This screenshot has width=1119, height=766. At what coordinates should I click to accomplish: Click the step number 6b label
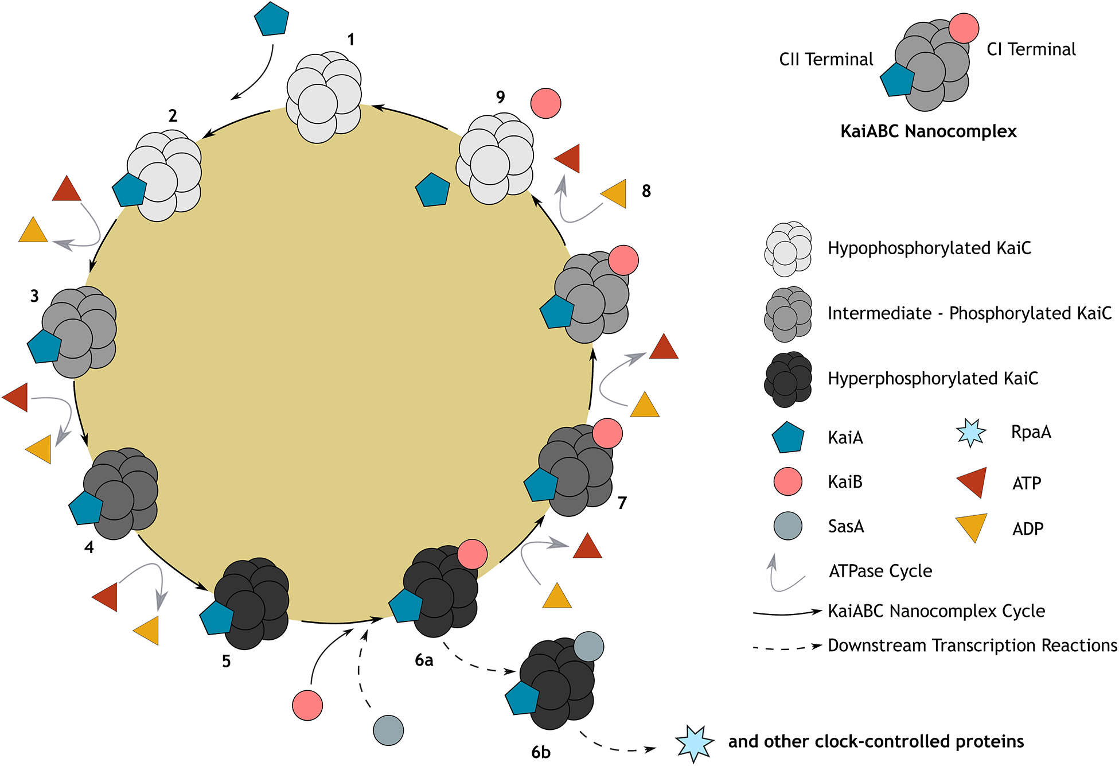pyautogui.click(x=540, y=752)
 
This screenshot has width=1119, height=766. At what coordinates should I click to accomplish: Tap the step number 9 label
pyautogui.click(x=501, y=97)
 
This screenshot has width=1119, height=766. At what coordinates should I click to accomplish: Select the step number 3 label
pyautogui.click(x=34, y=296)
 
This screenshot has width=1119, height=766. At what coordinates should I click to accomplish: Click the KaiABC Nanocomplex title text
pyautogui.click(x=928, y=131)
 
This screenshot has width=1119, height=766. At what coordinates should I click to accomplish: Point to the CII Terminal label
pyautogui.click(x=825, y=59)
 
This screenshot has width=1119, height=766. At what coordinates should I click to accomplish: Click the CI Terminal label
pyautogui.click(x=1031, y=49)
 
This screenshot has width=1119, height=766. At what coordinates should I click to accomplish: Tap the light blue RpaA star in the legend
pyautogui.click(x=971, y=433)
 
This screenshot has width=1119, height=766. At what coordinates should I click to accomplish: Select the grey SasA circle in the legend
pyautogui.click(x=787, y=526)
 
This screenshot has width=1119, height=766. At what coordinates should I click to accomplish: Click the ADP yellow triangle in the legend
pyautogui.click(x=972, y=526)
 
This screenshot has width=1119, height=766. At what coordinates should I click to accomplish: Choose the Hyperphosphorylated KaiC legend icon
pyautogui.click(x=788, y=379)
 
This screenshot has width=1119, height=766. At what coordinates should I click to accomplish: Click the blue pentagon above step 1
pyautogui.click(x=271, y=19)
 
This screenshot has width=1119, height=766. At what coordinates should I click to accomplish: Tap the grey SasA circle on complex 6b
pyautogui.click(x=588, y=647)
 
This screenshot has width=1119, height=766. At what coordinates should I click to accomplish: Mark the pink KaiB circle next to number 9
pyautogui.click(x=545, y=103)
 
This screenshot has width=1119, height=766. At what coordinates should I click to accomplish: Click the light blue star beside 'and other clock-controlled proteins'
pyautogui.click(x=694, y=743)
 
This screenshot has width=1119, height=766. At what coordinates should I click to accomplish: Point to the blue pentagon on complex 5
pyautogui.click(x=217, y=618)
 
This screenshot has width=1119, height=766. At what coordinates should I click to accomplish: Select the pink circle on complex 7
pyautogui.click(x=607, y=433)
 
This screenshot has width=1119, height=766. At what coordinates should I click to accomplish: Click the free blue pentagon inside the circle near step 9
pyautogui.click(x=432, y=190)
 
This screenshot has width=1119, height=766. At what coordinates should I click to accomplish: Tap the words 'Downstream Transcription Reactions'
pyautogui.click(x=972, y=646)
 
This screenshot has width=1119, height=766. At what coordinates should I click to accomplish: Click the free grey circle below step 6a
pyautogui.click(x=388, y=730)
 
